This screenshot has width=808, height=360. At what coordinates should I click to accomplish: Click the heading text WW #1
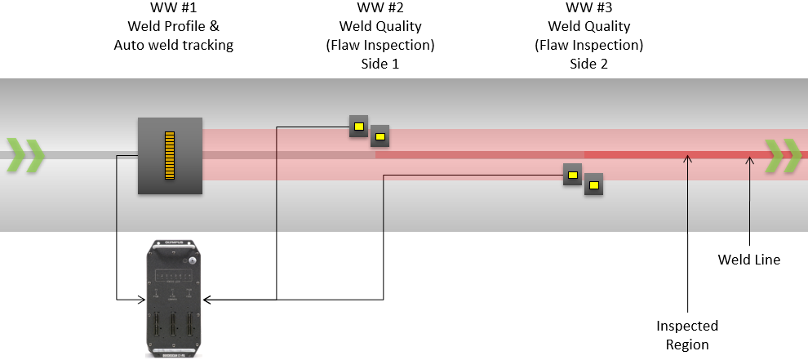[172, 8]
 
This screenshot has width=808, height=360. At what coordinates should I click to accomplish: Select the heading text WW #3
[588, 8]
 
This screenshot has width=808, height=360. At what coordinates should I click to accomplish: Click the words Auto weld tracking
[173, 46]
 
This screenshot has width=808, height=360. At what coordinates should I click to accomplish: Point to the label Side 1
[380, 64]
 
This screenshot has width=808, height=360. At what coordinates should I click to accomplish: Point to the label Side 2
[588, 64]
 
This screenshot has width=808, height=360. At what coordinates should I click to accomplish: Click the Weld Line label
[748, 260]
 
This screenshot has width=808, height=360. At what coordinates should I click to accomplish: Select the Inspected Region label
[687, 335]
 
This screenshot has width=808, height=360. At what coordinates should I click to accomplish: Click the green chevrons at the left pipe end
[25, 156]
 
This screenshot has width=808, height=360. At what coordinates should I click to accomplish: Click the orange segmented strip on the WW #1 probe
[170, 155]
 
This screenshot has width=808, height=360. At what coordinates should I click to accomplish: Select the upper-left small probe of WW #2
[358, 126]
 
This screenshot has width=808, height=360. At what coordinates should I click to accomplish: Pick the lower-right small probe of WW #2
[380, 136]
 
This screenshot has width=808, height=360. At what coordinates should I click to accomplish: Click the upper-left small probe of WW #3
[572, 175]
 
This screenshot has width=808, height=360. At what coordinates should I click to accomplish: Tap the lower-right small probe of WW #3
[594, 184]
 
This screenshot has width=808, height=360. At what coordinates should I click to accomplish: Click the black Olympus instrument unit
[171, 298]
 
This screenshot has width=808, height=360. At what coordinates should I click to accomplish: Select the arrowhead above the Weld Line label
[749, 160]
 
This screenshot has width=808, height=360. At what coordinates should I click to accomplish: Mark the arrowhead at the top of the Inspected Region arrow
[688, 160]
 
